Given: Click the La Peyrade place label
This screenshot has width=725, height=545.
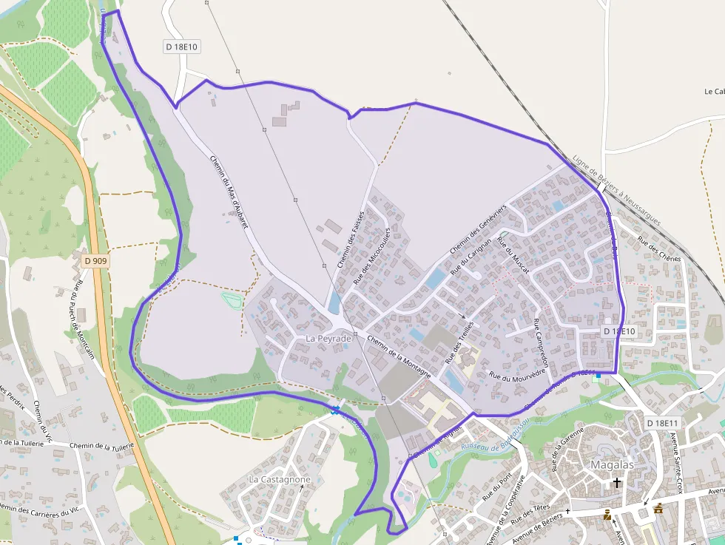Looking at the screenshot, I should click(x=328, y=338).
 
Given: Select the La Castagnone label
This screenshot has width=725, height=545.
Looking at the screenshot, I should click(x=280, y=479).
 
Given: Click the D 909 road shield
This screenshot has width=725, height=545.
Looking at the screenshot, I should click(x=95, y=261).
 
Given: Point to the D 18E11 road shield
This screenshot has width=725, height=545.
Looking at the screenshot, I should click(x=661, y=423).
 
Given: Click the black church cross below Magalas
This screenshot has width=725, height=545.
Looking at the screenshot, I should click(x=616, y=482).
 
